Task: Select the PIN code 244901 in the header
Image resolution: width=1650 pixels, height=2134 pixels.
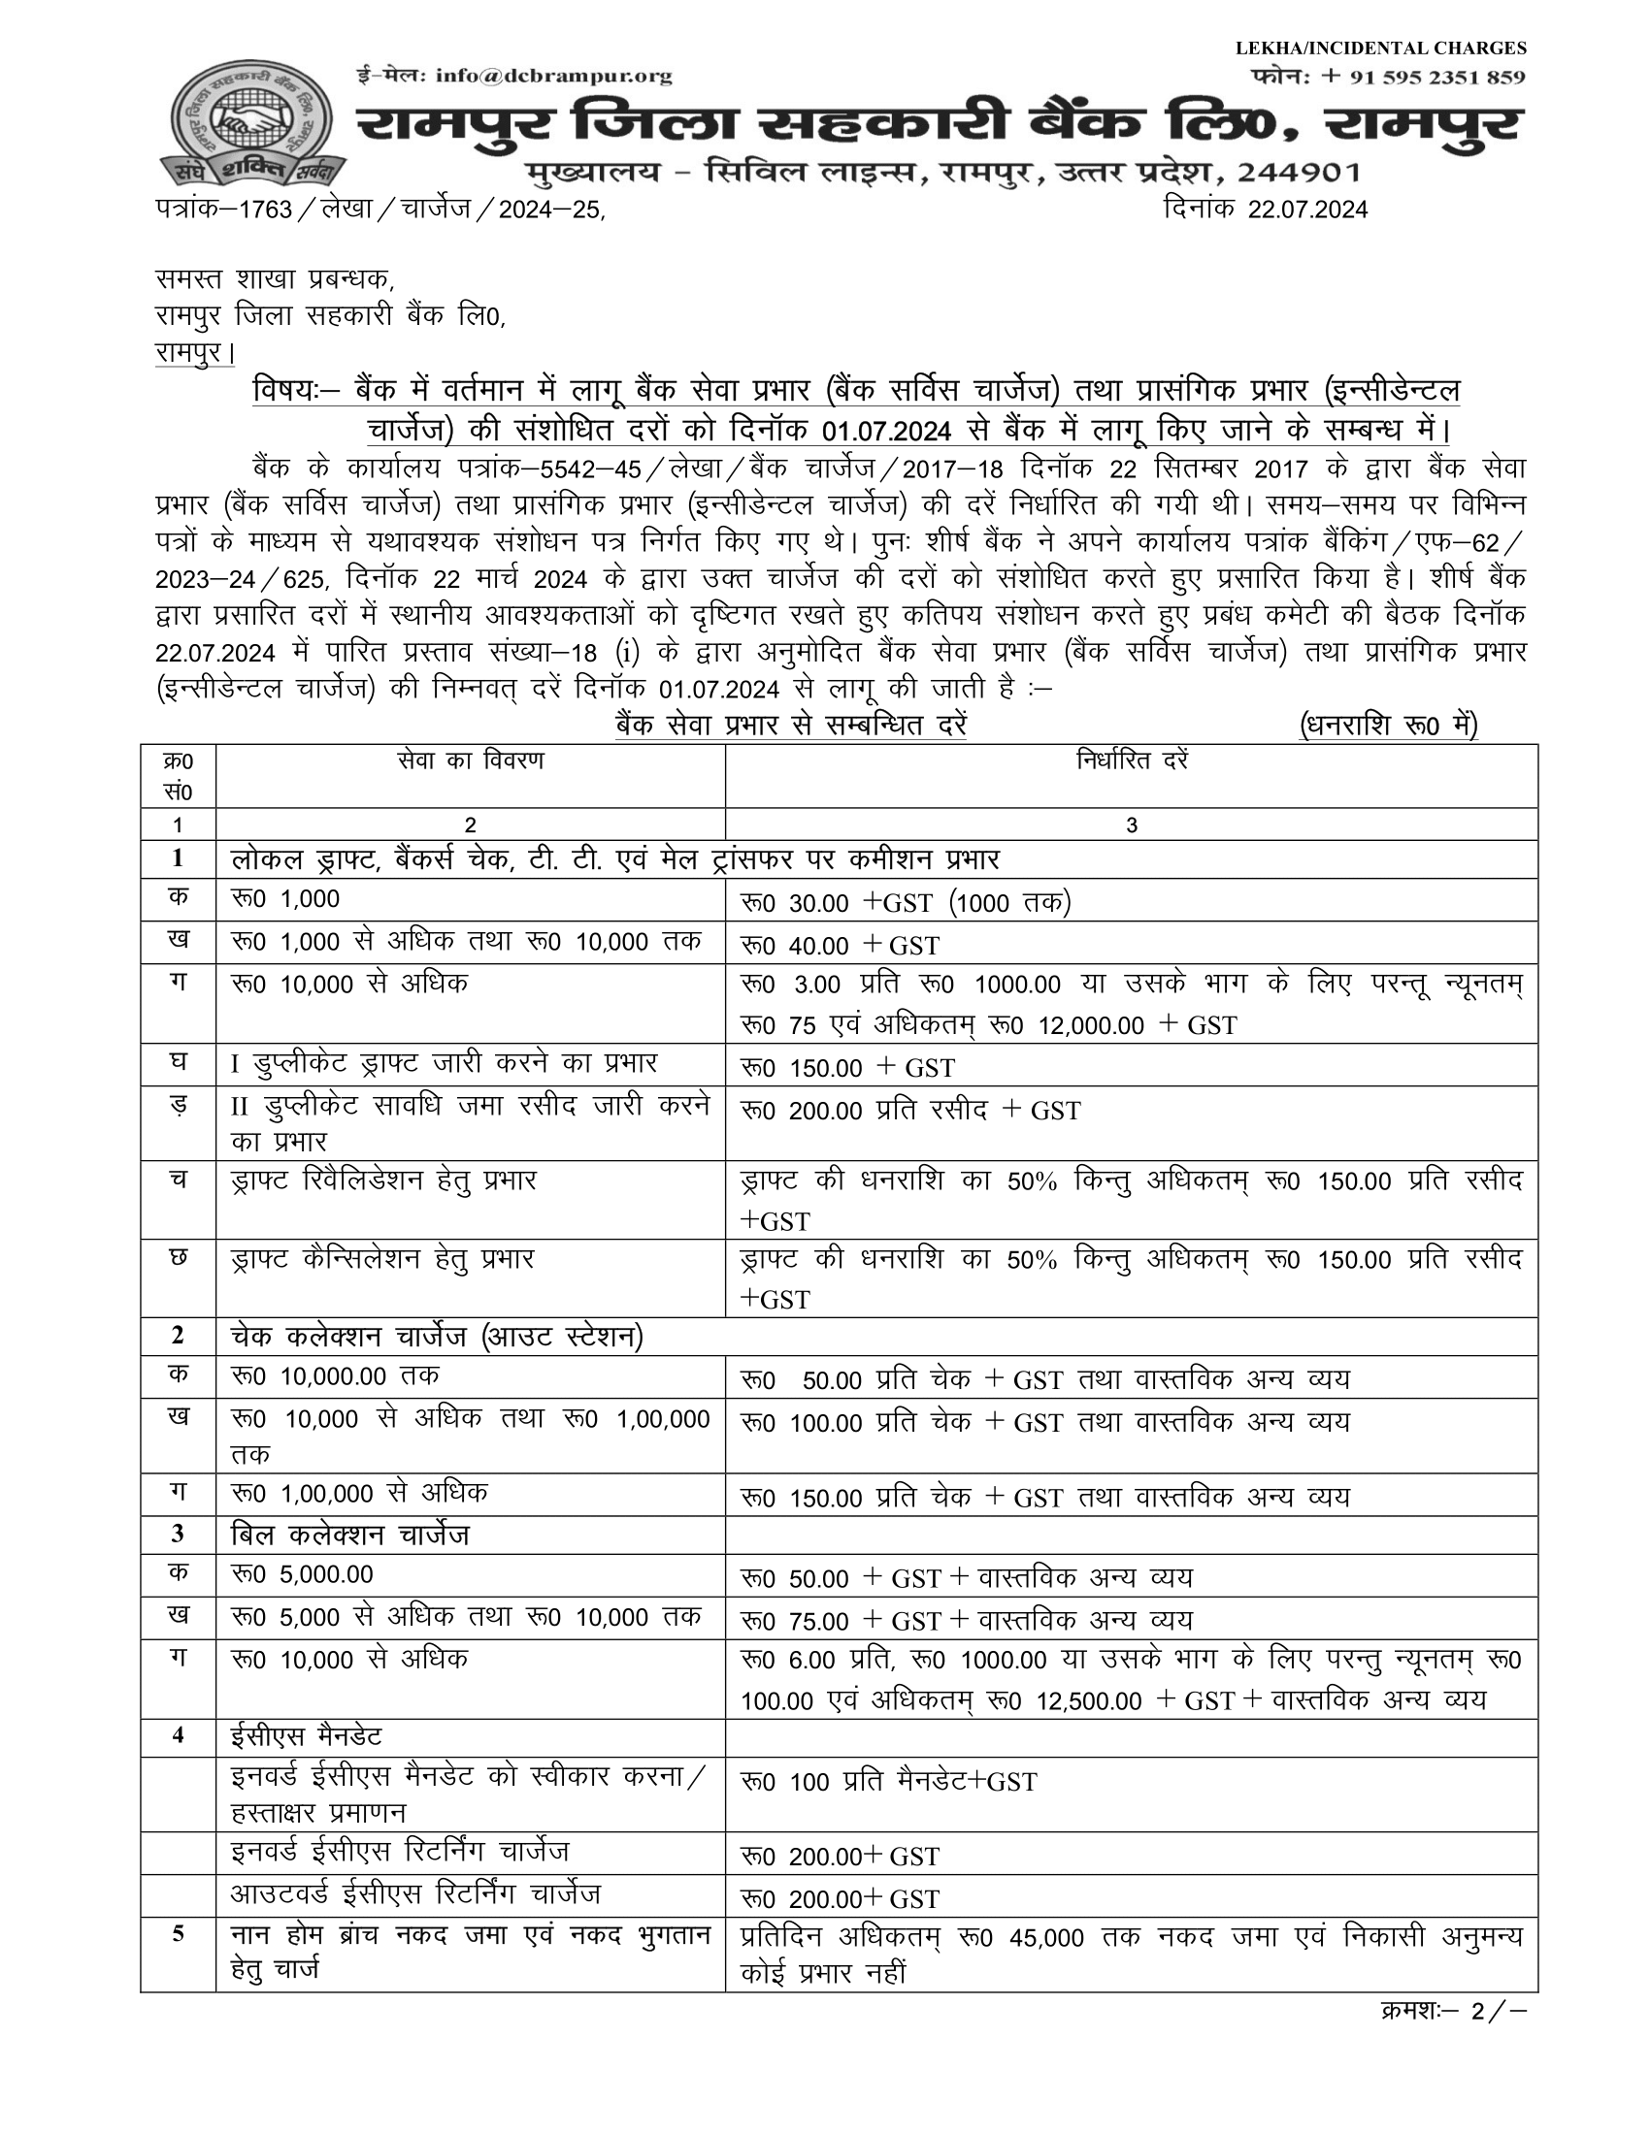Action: point(1298,173)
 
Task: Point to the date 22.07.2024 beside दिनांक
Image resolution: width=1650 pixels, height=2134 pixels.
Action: point(1307,210)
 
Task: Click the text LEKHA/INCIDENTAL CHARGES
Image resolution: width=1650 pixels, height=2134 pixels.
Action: point(1380,48)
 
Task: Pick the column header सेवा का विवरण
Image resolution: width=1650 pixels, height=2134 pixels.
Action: point(470,760)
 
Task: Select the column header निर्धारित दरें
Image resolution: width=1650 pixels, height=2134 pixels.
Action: point(1131,760)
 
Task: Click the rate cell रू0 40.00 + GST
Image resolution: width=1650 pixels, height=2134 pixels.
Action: point(841,945)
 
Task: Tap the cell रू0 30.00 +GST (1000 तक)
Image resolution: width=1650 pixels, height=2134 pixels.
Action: point(907,903)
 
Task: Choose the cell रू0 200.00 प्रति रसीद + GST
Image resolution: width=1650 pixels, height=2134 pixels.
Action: point(910,1110)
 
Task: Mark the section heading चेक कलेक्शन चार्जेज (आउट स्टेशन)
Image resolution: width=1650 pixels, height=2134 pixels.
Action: point(437,1336)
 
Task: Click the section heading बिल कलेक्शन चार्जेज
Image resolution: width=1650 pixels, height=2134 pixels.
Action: point(350,1536)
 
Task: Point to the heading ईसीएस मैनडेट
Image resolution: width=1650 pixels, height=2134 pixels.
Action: point(306,1736)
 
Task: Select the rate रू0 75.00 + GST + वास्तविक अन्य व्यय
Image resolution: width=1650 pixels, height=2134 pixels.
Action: point(967,1621)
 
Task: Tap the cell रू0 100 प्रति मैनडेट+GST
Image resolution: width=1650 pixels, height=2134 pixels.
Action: point(888,1781)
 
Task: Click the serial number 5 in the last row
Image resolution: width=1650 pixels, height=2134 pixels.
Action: point(178,1932)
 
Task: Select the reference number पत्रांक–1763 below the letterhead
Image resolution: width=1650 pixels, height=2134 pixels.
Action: point(224,210)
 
